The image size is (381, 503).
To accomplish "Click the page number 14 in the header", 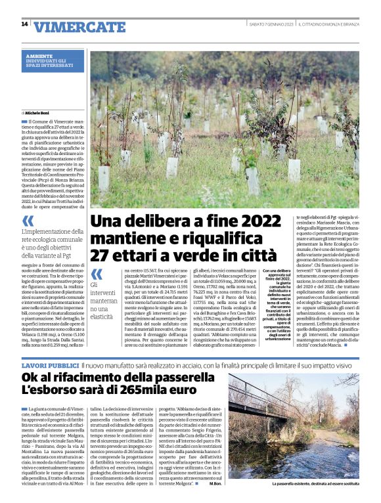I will [25, 24].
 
